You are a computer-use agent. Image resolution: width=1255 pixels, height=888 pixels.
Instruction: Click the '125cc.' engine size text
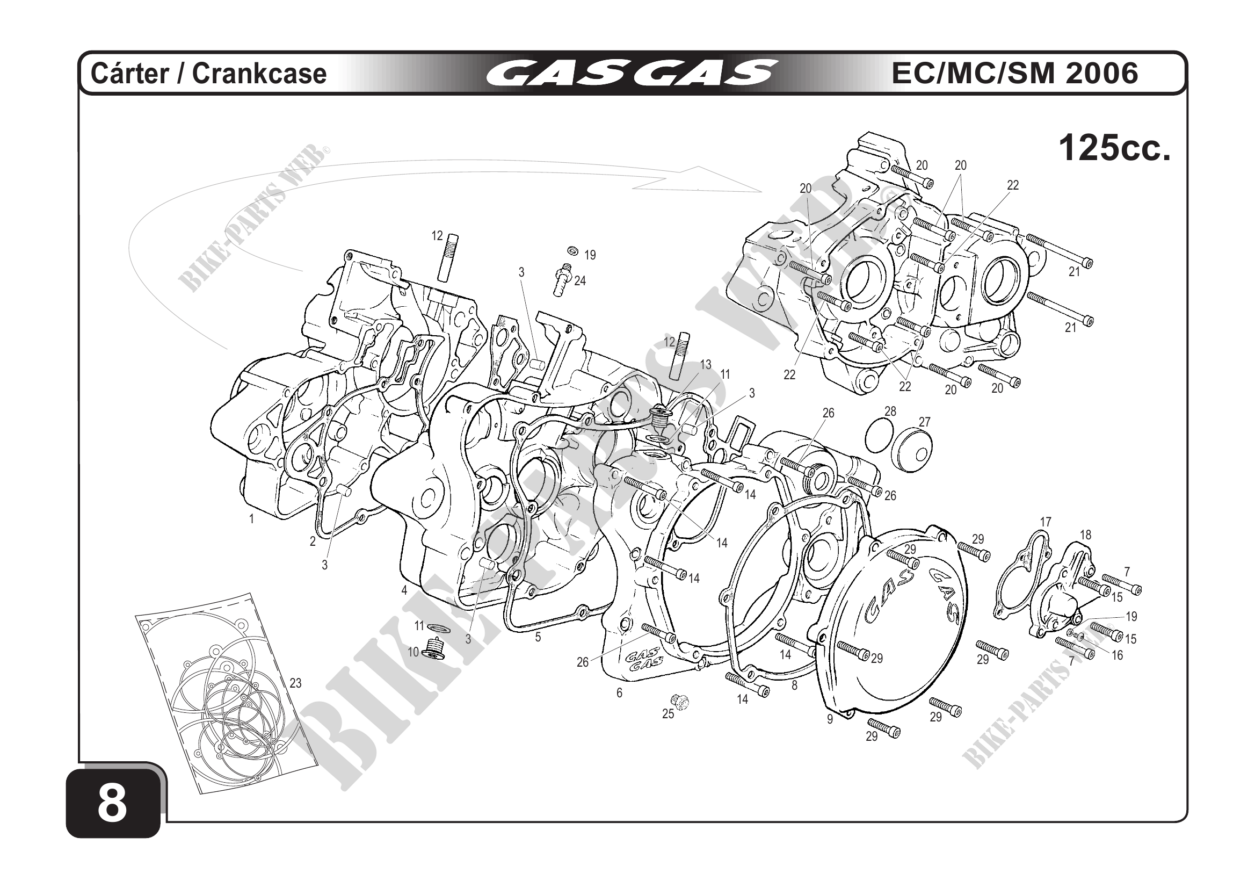(x=1115, y=148)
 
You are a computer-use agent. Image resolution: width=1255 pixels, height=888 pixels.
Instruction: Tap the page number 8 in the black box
(x=113, y=804)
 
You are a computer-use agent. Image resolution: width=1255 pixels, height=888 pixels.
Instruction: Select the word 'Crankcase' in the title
(x=259, y=74)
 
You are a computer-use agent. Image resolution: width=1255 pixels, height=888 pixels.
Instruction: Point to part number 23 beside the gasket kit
(x=295, y=683)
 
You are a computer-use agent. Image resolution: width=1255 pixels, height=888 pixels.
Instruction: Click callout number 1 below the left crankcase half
(x=251, y=519)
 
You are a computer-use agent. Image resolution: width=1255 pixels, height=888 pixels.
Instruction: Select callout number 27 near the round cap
(x=924, y=422)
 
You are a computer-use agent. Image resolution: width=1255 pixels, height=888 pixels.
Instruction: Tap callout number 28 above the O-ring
(x=890, y=411)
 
